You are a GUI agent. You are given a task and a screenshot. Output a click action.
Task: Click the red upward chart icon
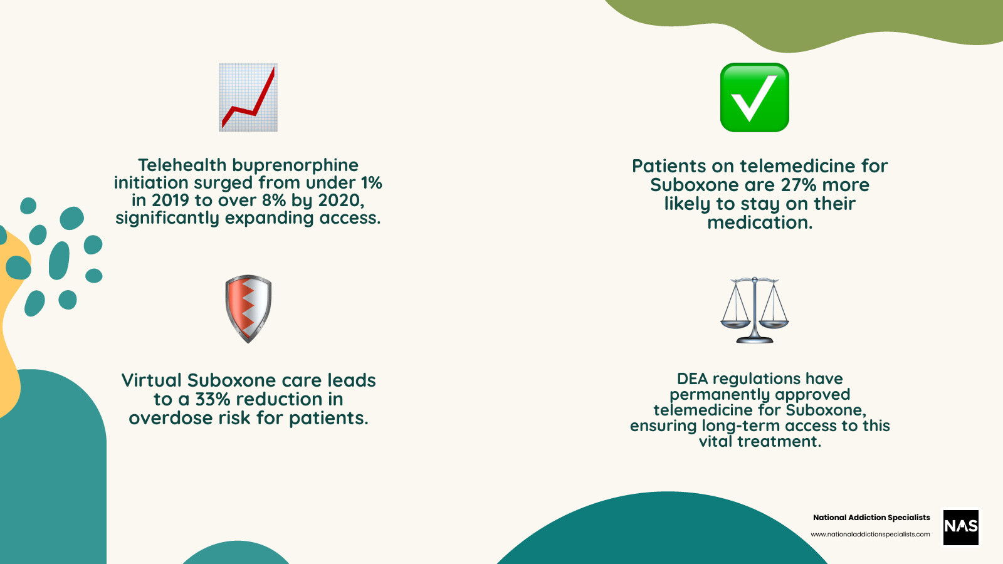248,97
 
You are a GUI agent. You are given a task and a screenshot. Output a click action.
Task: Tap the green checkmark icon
754,97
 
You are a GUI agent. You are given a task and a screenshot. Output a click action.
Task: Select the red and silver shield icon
248,308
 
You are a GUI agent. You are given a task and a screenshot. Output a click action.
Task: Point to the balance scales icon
754,310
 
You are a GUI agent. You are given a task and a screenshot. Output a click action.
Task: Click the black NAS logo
960,526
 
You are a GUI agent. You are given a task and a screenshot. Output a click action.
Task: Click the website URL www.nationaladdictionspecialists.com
870,535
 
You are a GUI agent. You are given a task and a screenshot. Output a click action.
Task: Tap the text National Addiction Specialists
871,518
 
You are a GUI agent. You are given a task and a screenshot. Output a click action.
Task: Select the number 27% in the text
798,185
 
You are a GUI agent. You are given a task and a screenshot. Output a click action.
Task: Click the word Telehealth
182,165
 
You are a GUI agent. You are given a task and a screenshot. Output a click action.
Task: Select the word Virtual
152,380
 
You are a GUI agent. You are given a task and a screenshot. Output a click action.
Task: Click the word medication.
759,222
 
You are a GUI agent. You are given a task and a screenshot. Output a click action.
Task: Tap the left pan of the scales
735,323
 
